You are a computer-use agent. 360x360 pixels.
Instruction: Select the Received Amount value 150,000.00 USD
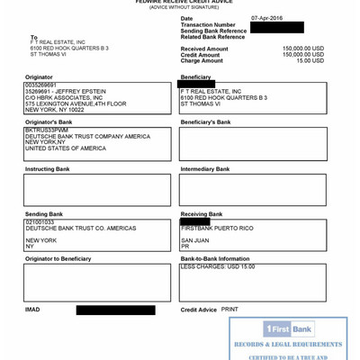click(302, 49)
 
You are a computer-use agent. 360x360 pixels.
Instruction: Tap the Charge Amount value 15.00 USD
click(311, 61)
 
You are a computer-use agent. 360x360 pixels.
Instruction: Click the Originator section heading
click(38, 77)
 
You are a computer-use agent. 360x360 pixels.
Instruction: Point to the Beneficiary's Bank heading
click(205, 121)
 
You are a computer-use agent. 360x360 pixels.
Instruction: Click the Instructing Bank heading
click(47, 168)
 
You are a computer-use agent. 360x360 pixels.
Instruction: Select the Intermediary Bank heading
click(205, 168)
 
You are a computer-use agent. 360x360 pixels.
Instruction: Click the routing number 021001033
click(40, 221)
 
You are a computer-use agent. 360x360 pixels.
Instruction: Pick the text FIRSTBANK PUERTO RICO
click(217, 229)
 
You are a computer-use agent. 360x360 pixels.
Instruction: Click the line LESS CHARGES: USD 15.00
click(218, 267)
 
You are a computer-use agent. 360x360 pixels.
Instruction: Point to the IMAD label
click(32, 310)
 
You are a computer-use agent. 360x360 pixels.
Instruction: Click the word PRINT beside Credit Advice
click(229, 310)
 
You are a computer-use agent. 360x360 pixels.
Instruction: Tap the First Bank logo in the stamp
click(288, 329)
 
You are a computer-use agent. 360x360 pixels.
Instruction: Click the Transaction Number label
click(208, 25)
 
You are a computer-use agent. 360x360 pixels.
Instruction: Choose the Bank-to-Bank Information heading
click(215, 259)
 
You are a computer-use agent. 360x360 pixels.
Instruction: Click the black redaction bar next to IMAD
click(115, 310)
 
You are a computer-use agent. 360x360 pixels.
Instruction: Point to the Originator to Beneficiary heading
click(58, 259)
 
